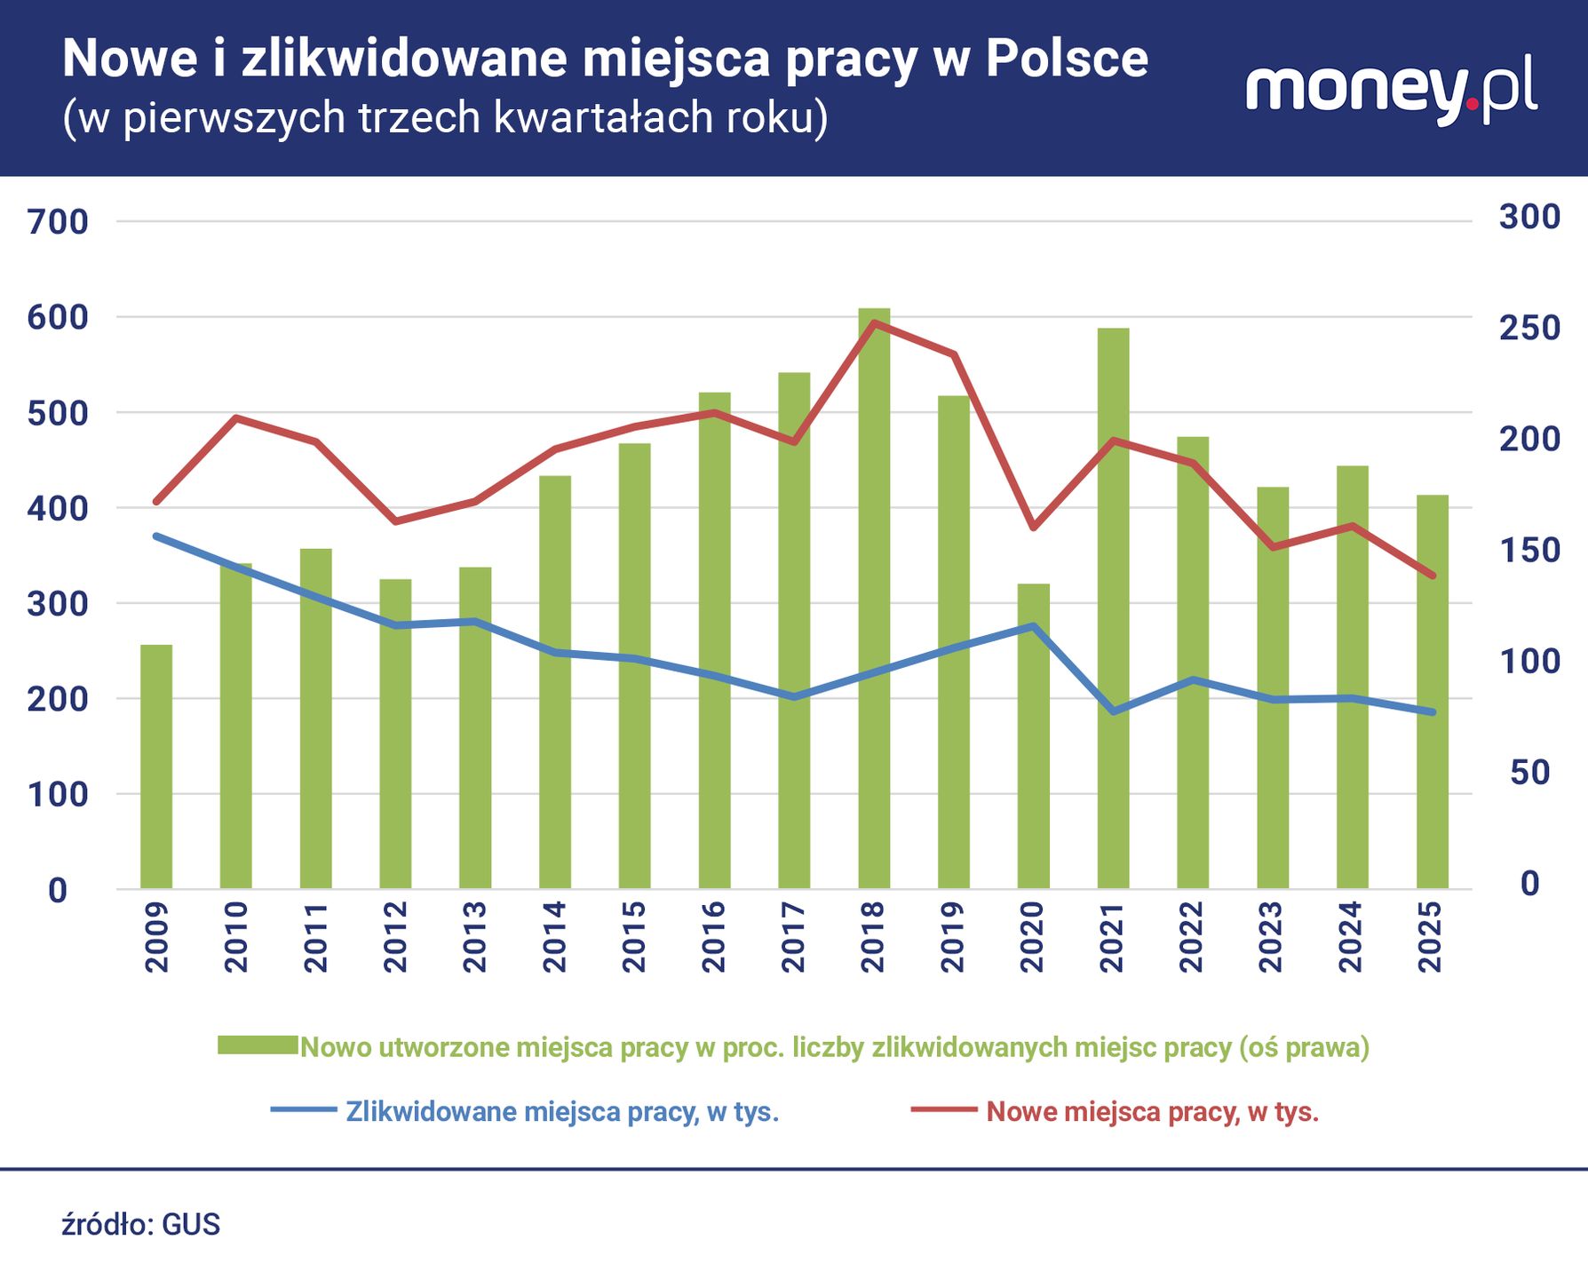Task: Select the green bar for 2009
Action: coord(156,768)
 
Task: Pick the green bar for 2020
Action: coord(1033,737)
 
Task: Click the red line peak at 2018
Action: coord(874,322)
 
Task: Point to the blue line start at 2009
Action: coord(156,536)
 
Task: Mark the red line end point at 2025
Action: coord(1432,576)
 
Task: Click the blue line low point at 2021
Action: coord(1113,711)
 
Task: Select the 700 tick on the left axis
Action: coord(58,222)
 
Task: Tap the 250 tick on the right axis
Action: coord(1529,328)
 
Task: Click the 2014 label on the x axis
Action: coord(554,937)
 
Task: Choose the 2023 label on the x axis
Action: coord(1272,937)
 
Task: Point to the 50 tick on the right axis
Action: coord(1529,772)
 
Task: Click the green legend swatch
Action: coord(258,1045)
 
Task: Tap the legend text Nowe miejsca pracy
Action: coord(1152,1111)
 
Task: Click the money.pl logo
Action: coord(1391,91)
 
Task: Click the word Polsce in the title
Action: coord(1066,60)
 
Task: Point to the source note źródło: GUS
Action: coord(140,1224)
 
